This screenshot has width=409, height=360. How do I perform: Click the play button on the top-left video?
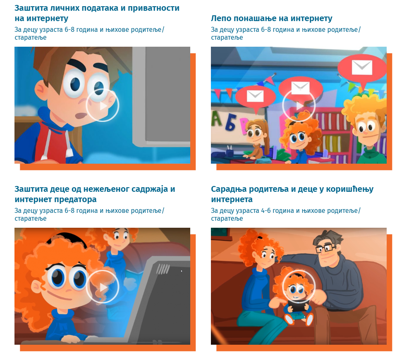point(103,105)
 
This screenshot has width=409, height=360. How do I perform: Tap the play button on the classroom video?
point(299,105)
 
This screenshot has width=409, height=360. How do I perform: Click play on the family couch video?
point(299,286)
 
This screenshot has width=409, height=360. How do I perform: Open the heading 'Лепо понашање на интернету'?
point(271,19)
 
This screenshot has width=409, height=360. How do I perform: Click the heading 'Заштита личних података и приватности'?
point(97,8)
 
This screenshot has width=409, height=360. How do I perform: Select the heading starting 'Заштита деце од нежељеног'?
point(95,189)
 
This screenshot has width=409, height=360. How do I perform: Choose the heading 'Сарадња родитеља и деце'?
point(292,189)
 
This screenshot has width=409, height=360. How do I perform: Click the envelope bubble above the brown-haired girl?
point(255,96)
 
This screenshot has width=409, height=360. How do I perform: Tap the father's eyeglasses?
point(325,248)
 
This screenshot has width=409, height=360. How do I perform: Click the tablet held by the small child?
point(298,306)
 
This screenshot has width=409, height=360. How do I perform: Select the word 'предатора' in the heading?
point(76,199)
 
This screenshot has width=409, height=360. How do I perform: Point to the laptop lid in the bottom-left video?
point(165,298)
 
